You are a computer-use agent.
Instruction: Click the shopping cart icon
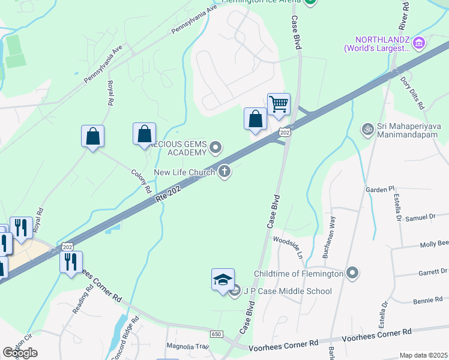click(x=279, y=104)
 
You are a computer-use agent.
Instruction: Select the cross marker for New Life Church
click(x=225, y=172)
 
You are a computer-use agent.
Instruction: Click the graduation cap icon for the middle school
click(x=223, y=280)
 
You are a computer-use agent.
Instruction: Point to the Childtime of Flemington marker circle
click(x=352, y=274)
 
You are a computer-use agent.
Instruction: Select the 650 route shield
click(x=216, y=334)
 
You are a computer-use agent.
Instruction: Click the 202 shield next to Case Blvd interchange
click(x=285, y=131)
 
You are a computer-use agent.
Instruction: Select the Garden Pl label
click(x=379, y=189)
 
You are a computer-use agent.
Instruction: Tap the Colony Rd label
click(x=141, y=180)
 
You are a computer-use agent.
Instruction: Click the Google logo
click(x=20, y=352)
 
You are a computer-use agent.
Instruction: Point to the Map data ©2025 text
click(x=423, y=355)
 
